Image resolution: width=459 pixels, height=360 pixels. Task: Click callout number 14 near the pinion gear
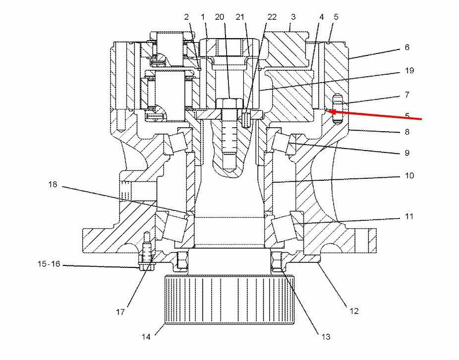point(146,337)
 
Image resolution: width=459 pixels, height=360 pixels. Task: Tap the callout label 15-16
point(49,264)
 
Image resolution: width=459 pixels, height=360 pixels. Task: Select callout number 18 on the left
point(53,185)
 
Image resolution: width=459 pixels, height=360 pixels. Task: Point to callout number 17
point(120,312)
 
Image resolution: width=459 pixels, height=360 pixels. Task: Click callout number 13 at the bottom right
point(326,337)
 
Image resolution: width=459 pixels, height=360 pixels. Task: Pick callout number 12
point(354,311)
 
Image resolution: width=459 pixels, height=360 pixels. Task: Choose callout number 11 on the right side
point(409,216)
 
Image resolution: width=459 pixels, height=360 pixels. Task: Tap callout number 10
point(409,175)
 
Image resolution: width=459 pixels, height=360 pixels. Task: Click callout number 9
point(407,153)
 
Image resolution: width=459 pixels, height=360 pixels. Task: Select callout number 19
point(409,70)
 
